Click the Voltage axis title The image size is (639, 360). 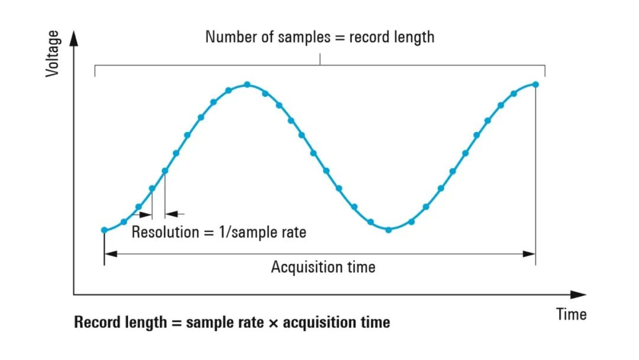point(53,54)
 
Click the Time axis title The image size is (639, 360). point(571,314)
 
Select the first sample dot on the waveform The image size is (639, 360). point(104,230)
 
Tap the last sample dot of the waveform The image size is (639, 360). point(535,84)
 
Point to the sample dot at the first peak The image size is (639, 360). point(247,85)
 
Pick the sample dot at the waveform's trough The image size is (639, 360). point(389,229)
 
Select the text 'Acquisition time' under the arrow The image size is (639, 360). point(323,267)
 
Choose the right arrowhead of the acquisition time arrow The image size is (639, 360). point(530,253)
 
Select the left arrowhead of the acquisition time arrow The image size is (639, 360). point(110,253)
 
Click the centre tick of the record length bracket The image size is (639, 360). point(320,59)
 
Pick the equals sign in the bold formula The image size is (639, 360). point(176,323)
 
